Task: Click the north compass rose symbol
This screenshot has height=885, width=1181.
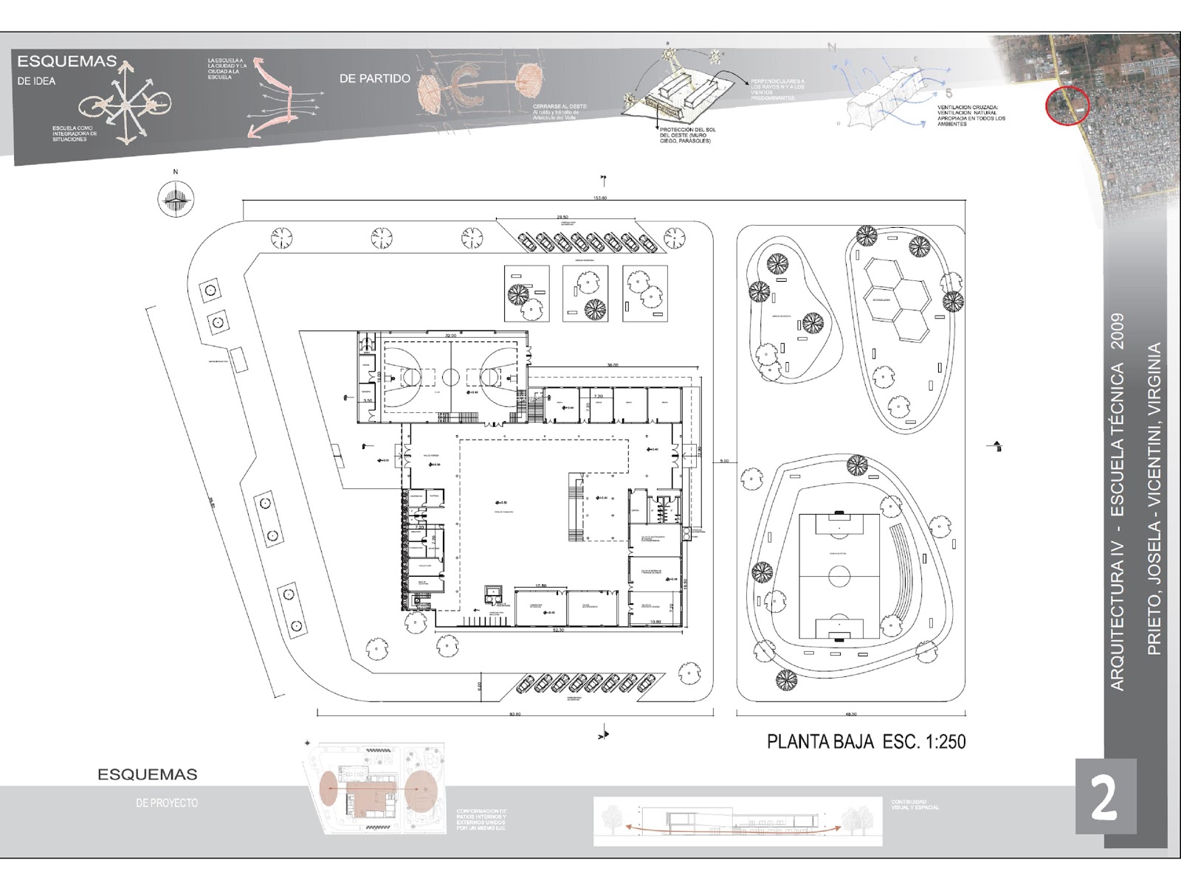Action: [x=176, y=198]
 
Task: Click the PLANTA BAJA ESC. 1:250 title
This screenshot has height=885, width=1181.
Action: [x=866, y=741]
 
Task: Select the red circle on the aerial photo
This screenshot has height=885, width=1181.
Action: [x=1068, y=106]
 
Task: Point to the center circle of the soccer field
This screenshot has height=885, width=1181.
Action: [x=839, y=576]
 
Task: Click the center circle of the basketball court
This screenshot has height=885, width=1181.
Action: [x=450, y=375]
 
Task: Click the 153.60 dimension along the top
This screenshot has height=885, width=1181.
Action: [x=600, y=198]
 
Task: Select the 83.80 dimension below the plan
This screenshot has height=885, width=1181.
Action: [x=514, y=714]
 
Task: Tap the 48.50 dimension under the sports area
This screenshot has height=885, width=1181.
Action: [x=850, y=714]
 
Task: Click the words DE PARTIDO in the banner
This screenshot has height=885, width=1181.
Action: [x=374, y=78]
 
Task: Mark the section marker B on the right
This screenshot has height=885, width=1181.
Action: [x=998, y=447]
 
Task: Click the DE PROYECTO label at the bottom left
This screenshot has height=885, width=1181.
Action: [x=167, y=802]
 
